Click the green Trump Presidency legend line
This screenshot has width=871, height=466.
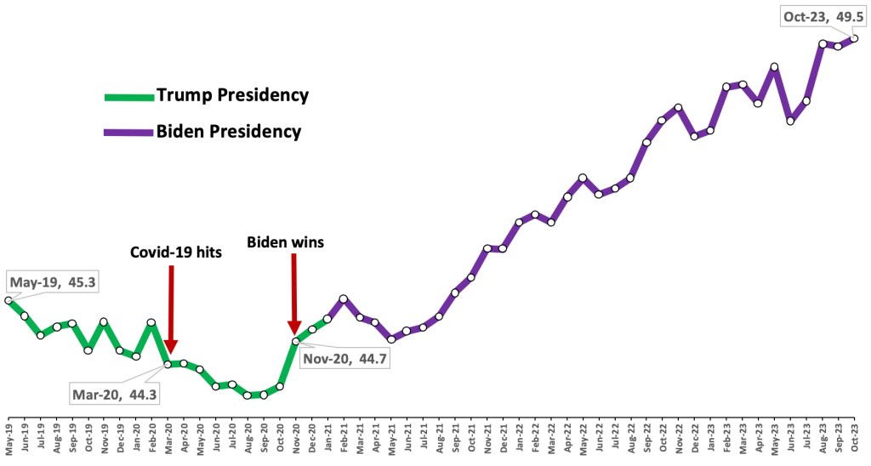pyautogui.click(x=129, y=95)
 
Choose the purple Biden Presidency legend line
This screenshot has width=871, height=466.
pyautogui.click(x=129, y=132)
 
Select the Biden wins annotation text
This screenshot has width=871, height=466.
pyautogui.click(x=286, y=242)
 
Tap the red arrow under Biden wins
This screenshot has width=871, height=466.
pyautogui.click(x=294, y=293)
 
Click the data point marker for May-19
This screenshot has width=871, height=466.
pyautogui.click(x=9, y=300)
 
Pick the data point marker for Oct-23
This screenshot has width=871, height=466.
pyautogui.click(x=854, y=38)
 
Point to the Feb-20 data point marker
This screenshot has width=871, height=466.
pyautogui.click(x=151, y=322)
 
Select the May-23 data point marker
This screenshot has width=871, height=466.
pyautogui.click(x=774, y=66)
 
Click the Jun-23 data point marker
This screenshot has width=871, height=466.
pyautogui.click(x=790, y=121)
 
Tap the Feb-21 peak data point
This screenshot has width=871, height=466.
pyautogui.click(x=343, y=298)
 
